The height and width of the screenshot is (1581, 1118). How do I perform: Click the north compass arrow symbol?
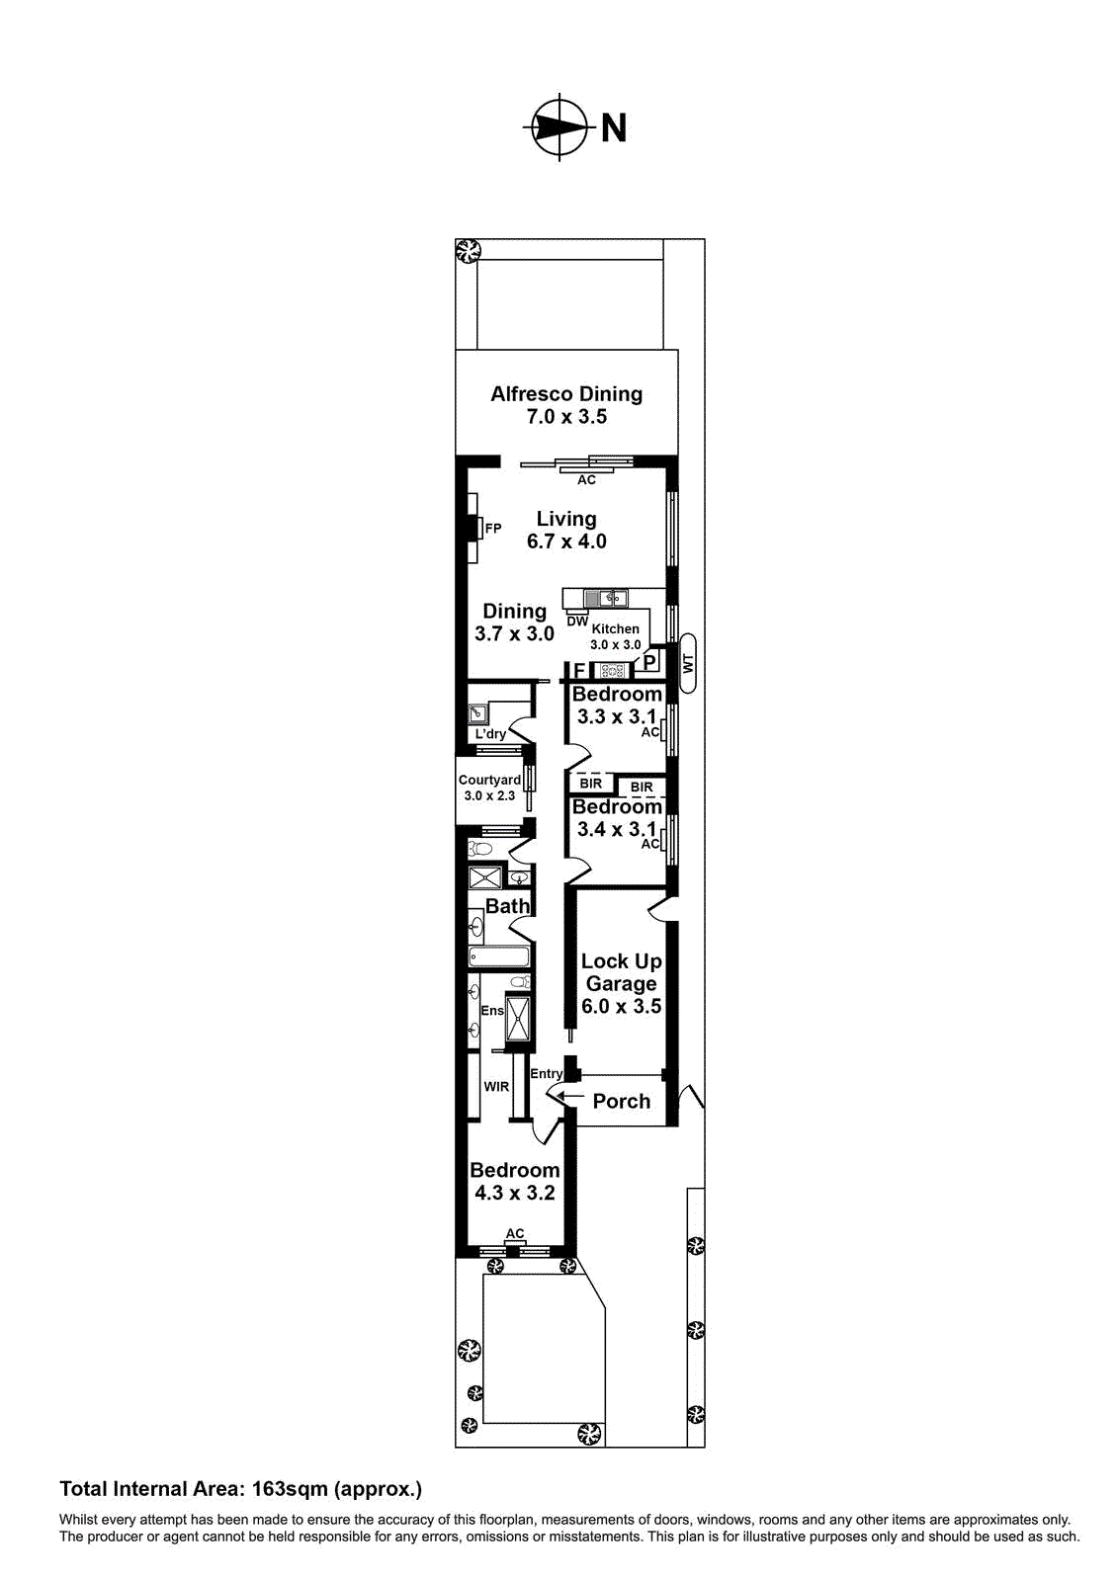[560, 126]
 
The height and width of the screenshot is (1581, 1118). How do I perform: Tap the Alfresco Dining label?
[566, 394]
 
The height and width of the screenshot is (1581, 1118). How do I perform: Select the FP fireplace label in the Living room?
[493, 529]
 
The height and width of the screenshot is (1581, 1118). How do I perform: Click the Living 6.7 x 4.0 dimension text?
[566, 541]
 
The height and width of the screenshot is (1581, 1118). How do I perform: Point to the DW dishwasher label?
[577, 622]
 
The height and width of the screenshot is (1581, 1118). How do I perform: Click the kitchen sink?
[605, 598]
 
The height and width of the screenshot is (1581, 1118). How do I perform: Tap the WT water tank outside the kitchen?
[688, 662]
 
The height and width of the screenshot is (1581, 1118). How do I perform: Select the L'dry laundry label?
[490, 734]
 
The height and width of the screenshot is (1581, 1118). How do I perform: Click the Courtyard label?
[489, 780]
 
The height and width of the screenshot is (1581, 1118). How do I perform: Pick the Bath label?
[507, 906]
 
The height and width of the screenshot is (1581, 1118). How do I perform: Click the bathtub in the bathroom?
[499, 957]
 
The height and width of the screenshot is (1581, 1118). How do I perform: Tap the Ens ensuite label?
[492, 1011]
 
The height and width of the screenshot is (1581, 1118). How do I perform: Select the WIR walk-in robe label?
[496, 1087]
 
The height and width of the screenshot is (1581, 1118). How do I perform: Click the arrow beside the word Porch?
[569, 1096]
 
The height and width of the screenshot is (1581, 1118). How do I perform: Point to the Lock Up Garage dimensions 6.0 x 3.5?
[621, 1007]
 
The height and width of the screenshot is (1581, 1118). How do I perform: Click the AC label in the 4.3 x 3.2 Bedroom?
[515, 1233]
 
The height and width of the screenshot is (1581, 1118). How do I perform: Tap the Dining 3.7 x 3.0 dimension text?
[514, 634]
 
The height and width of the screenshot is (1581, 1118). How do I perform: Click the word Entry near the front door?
[547, 1074]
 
